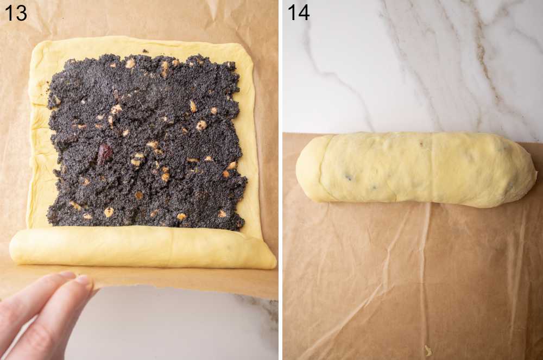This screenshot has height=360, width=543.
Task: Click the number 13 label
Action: click(15, 12)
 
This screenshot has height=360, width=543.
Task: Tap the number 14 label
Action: click(298, 12)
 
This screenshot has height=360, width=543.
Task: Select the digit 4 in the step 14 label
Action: click(304, 12)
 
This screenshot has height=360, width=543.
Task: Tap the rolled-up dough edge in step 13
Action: click(141, 247)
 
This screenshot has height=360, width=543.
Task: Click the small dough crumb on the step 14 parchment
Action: click(428, 351)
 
